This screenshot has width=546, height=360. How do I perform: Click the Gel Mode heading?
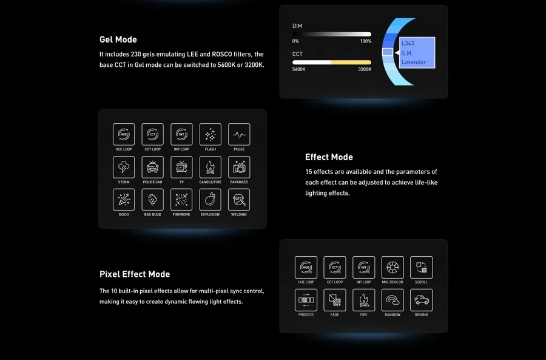(x=118, y=39)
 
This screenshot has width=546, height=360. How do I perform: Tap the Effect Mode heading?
(x=329, y=157)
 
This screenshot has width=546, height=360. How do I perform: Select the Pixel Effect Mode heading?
(x=135, y=274)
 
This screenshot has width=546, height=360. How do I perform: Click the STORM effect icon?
(x=124, y=168)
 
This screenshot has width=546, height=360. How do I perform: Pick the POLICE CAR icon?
(x=152, y=168)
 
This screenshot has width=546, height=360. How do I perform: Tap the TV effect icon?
(x=181, y=168)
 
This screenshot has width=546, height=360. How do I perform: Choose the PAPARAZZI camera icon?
(x=239, y=168)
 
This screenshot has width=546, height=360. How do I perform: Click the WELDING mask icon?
(x=239, y=200)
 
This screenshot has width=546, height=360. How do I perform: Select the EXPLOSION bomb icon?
(x=211, y=200)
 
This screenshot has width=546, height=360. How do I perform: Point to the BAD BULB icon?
(x=152, y=200)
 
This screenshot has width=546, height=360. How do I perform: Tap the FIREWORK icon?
(x=181, y=200)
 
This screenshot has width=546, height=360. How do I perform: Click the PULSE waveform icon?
(x=239, y=134)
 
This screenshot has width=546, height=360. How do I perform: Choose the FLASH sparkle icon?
(x=211, y=134)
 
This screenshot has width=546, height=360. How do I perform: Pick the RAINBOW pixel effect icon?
(x=393, y=300)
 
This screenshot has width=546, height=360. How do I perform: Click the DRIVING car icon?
(x=422, y=300)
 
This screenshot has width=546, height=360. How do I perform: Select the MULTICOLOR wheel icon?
(x=393, y=267)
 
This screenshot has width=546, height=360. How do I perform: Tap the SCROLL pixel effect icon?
(x=422, y=267)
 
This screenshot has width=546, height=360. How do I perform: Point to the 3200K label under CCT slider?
(x=365, y=69)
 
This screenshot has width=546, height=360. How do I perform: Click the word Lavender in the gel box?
(x=414, y=62)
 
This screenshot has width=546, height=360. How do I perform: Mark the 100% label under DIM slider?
(x=366, y=41)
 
